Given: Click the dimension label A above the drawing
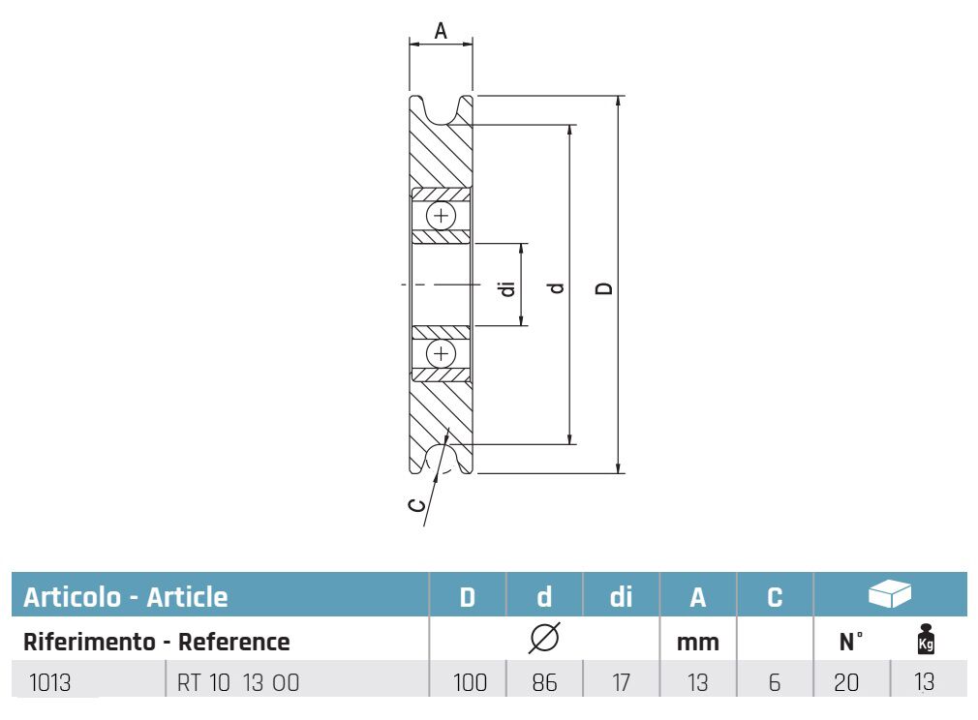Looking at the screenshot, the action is click(x=441, y=31).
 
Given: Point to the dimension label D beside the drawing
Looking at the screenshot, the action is click(x=604, y=288).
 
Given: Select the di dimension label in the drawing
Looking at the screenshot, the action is click(x=507, y=288).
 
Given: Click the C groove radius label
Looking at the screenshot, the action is click(x=416, y=505).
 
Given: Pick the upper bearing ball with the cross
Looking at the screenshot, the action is click(x=441, y=217).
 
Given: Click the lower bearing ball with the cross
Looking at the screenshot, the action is click(x=441, y=354).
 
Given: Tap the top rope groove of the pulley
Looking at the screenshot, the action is click(x=441, y=112).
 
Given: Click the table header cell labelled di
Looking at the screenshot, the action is click(x=621, y=596).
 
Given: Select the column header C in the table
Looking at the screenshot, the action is click(x=775, y=597).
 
